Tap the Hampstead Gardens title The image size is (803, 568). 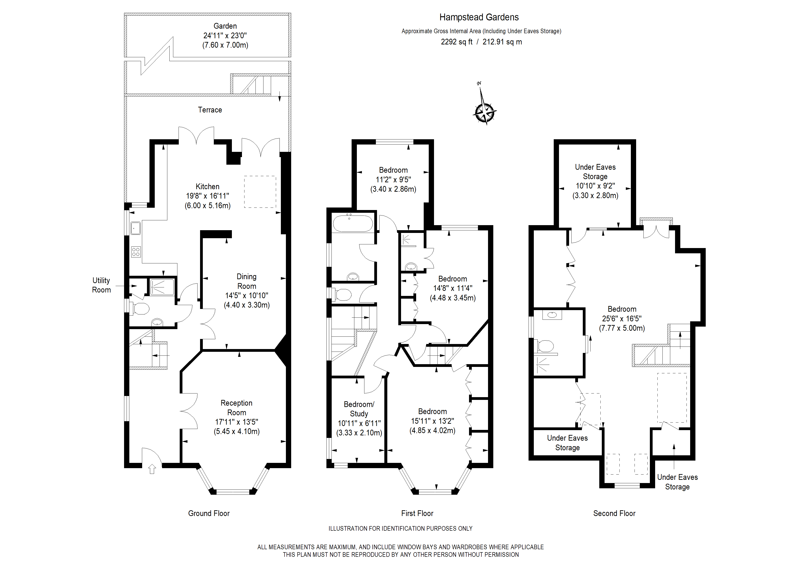pos(479,17)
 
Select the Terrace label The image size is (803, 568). pos(210,110)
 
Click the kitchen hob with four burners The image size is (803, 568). pos(136,252)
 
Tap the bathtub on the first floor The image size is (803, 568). pos(353,223)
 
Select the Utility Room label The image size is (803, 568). pos(101,285)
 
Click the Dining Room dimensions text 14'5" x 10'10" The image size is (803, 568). pos(247,295)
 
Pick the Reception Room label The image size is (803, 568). pos(236,408)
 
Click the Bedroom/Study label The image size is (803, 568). pos(359,409)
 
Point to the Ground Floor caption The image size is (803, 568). pos(209,513)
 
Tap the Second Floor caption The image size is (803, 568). pos(614,513)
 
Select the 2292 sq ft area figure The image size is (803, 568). pos(456,42)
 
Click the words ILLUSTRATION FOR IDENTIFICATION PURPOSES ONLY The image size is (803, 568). pos(400,528)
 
